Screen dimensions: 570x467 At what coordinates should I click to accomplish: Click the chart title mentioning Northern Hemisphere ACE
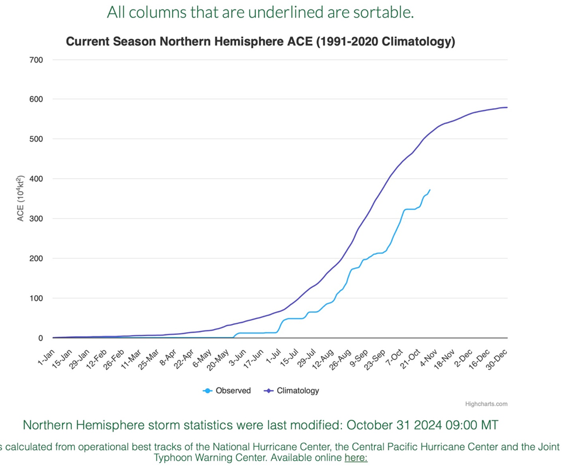(260, 41)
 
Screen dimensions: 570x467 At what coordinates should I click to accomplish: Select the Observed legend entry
(227, 390)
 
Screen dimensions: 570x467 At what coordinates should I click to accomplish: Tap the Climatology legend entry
(292, 390)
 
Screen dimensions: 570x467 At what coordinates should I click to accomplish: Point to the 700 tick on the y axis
(36, 60)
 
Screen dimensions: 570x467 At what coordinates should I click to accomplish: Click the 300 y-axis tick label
(36, 219)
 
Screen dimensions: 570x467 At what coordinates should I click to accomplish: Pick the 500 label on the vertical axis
(36, 139)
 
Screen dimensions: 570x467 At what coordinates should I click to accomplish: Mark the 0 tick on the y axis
(41, 338)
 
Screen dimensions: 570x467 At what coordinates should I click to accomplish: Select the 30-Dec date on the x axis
(496, 359)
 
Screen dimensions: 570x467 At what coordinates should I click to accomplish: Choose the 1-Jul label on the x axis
(274, 357)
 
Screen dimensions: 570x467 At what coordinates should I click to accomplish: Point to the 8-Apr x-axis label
(168, 358)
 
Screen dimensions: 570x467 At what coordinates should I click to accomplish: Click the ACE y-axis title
(20, 198)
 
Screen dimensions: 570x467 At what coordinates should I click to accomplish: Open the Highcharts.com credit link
(486, 404)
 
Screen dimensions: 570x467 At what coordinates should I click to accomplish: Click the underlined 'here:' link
(356, 457)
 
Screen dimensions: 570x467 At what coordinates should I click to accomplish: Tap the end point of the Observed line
(430, 190)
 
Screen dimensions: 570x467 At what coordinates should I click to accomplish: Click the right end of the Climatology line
(507, 108)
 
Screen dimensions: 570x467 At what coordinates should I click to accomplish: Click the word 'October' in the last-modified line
(369, 425)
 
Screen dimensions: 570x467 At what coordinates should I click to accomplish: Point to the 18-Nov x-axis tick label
(444, 359)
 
